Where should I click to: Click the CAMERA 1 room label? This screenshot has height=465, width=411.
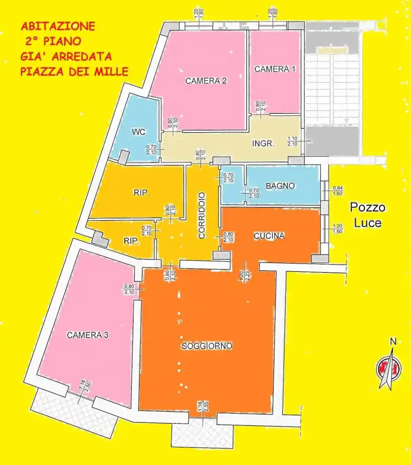pos(275,69)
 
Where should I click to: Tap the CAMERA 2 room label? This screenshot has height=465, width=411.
pos(206,81)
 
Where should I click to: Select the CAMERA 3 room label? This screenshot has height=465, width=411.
pos(88,335)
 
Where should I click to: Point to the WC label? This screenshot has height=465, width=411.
pos(138,132)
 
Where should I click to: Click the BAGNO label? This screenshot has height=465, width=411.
pos(280,186)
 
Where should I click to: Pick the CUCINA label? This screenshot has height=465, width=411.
pos(269,236)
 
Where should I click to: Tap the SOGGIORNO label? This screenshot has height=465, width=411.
pos(207,346)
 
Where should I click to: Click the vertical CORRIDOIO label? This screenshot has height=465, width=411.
pos(202,215)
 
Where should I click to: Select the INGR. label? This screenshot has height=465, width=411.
pos(263,143)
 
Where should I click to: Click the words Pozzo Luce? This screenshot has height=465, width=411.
pos(368,215)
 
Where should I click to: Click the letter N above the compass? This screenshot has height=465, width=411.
pos(392,341)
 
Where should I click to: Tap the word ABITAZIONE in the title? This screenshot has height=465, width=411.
pos(58,26)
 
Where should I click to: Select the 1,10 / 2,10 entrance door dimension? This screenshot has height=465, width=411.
pos(292,141)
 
